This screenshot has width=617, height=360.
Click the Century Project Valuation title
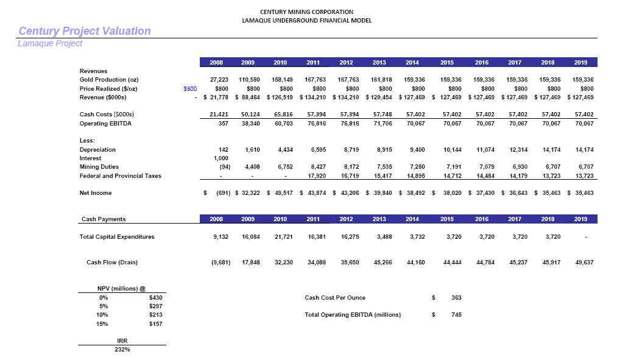[85, 31]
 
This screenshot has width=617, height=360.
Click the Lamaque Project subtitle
[50, 44]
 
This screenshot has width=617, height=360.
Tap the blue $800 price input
[190, 88]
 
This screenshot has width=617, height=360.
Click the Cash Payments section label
[104, 219]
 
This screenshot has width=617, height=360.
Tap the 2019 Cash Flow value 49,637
[583, 263]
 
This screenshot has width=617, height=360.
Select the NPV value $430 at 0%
[155, 298]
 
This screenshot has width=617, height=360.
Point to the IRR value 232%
[122, 350]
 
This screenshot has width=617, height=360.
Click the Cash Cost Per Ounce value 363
[456, 298]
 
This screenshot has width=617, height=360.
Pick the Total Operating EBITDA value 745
[456, 315]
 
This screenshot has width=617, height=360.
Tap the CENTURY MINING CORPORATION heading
[306, 12]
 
